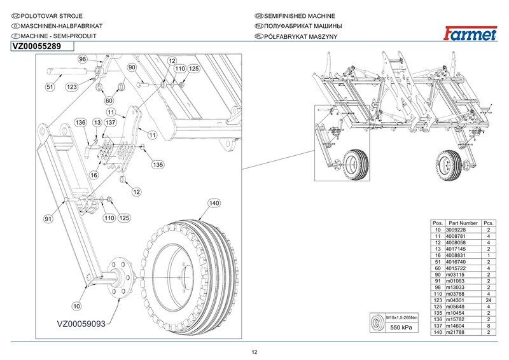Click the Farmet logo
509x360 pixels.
click(x=470, y=34)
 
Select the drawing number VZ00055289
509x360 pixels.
click(x=36, y=46)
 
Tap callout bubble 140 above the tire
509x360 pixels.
click(x=214, y=203)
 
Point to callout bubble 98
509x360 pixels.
click(x=83, y=59)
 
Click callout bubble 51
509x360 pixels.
click(x=50, y=87)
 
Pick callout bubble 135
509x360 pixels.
click(x=158, y=165)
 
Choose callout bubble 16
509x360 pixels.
click(x=94, y=176)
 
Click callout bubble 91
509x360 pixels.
click(x=48, y=219)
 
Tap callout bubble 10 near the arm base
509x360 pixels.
click(x=76, y=306)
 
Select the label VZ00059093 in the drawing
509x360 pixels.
click(x=81, y=324)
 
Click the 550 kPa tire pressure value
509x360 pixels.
click(x=401, y=327)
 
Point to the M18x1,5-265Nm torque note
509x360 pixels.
click(x=402, y=317)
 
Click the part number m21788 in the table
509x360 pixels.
click(x=455, y=332)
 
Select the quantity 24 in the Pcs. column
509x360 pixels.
click(x=489, y=300)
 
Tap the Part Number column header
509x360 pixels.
click(x=463, y=223)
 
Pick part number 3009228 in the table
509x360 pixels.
click(x=456, y=230)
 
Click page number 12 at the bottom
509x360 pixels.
click(x=254, y=352)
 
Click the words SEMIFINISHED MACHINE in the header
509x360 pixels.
click(x=300, y=16)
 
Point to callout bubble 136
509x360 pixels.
click(x=81, y=122)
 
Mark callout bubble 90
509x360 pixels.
click(x=132, y=67)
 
